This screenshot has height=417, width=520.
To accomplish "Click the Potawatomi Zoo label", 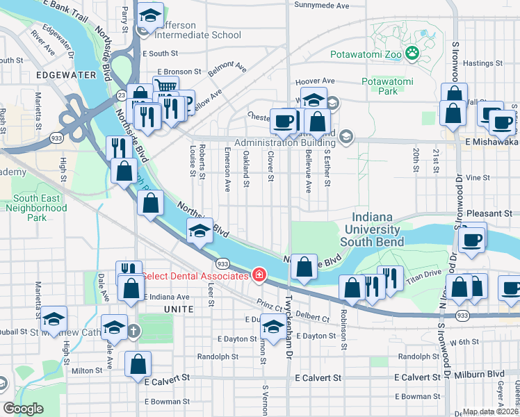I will click(x=364, y=52).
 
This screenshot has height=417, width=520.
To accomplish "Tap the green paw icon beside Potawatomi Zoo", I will click(x=412, y=52).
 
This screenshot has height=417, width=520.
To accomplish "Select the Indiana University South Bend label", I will click(x=380, y=229).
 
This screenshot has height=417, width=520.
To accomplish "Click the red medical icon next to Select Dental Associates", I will click(x=259, y=276).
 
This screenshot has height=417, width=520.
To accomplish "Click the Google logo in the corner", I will click(x=23, y=408).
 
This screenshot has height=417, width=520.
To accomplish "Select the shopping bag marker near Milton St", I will click(x=138, y=363).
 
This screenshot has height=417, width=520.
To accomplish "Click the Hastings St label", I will click(x=478, y=63).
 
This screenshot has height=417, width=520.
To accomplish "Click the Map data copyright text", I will click(x=490, y=411).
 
